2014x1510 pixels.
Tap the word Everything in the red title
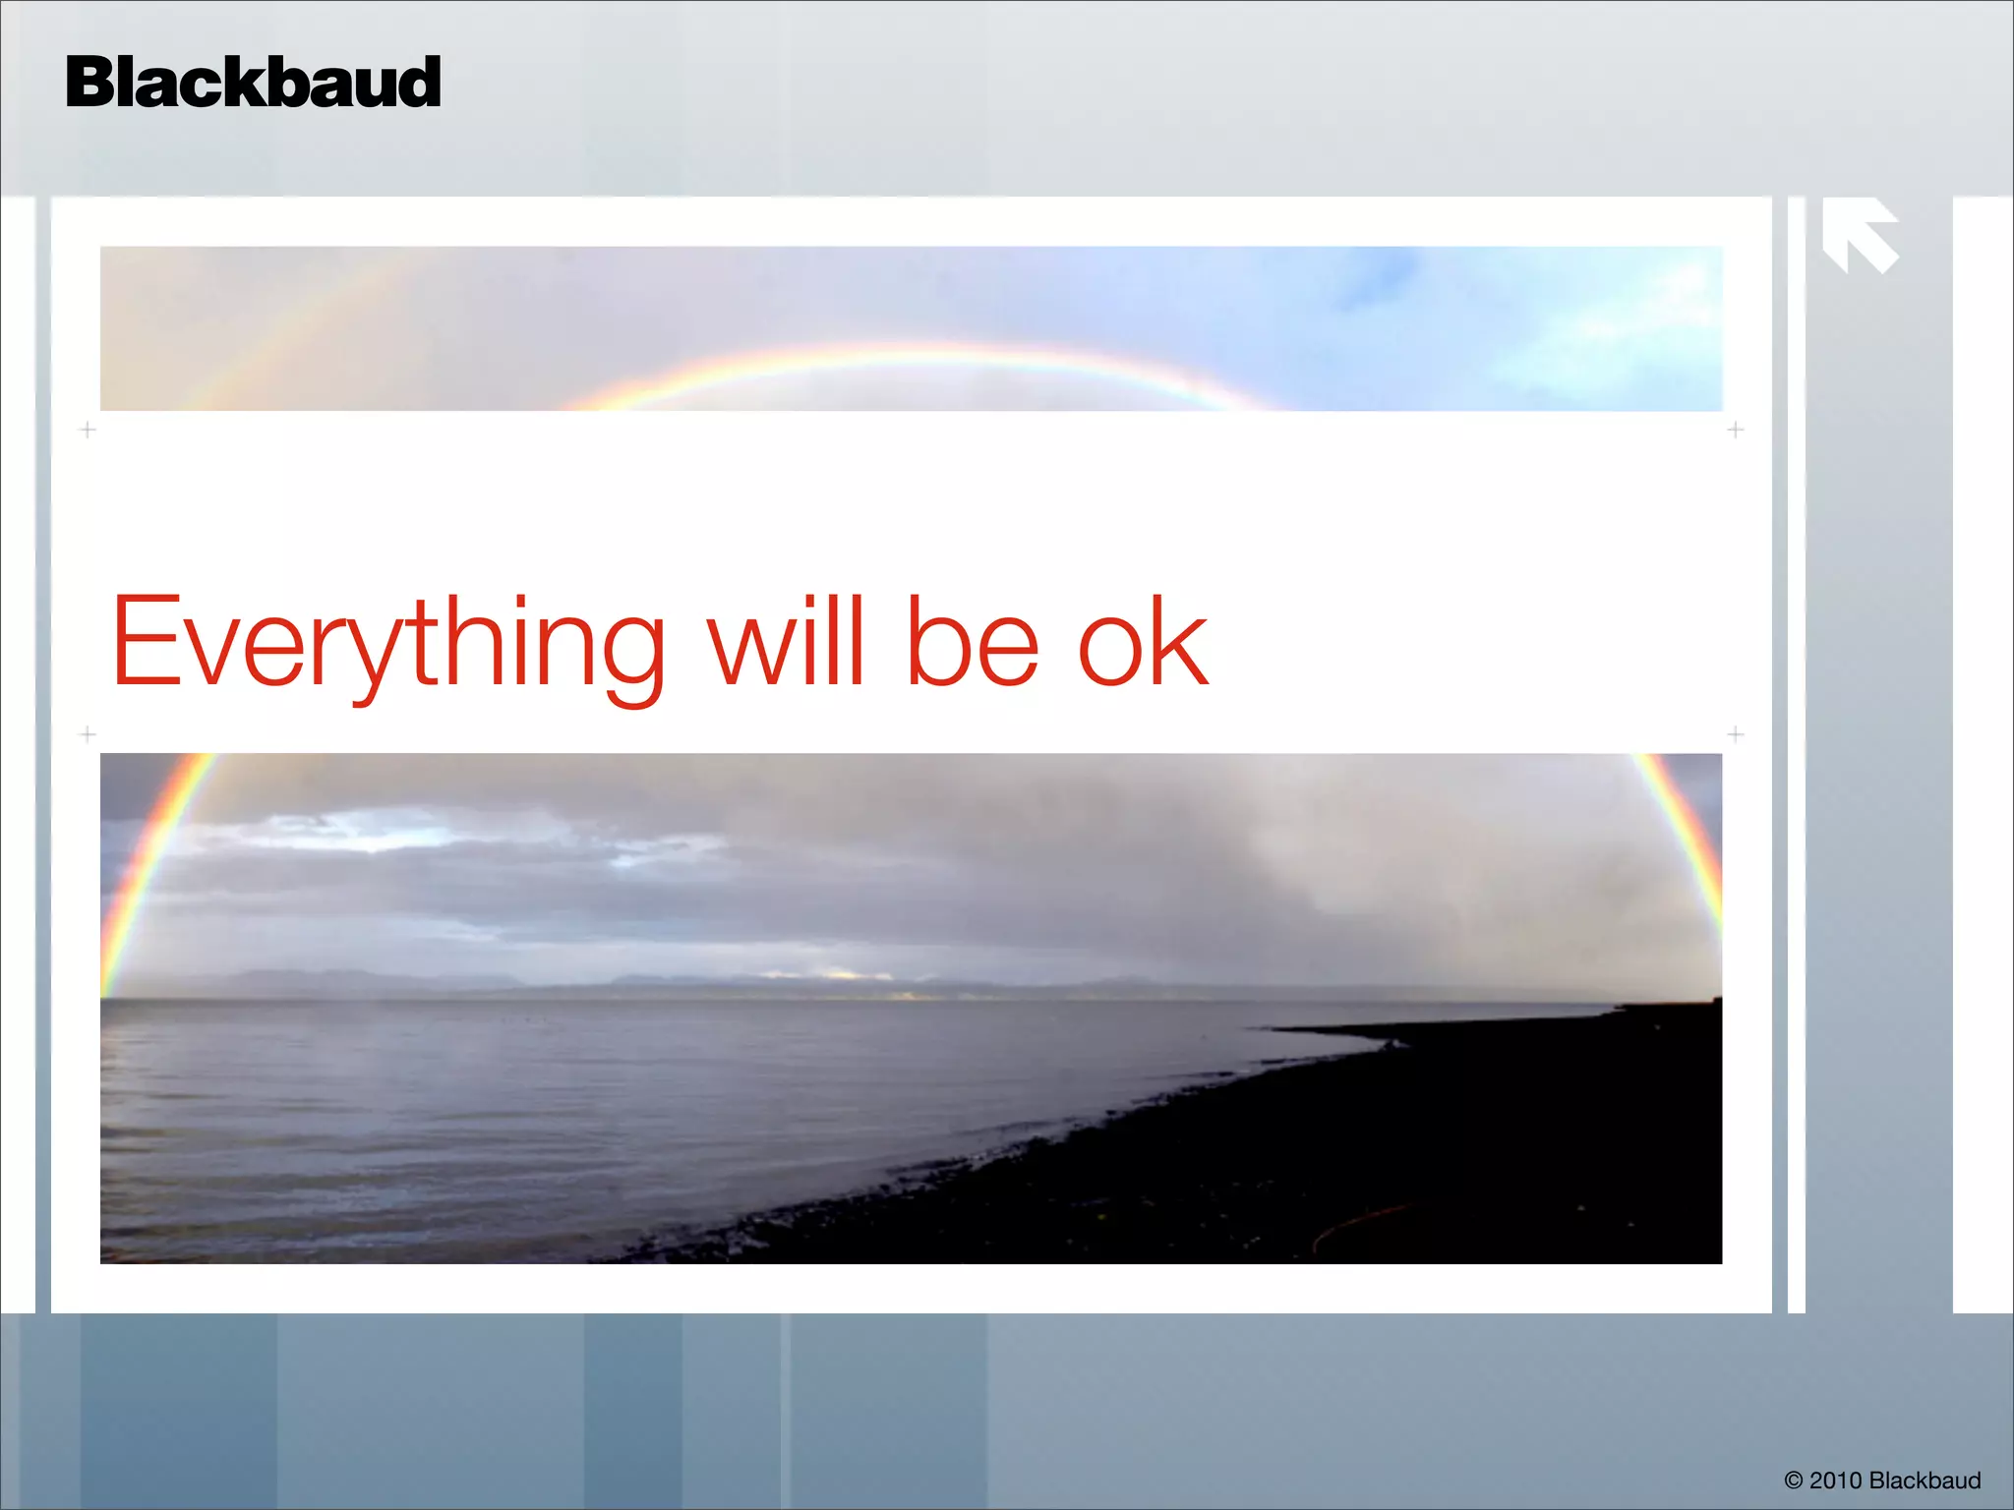tap(388, 644)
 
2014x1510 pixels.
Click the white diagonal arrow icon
tap(1859, 236)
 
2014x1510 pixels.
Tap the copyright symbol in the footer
tap(1793, 1481)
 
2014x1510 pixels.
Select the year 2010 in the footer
tap(1836, 1481)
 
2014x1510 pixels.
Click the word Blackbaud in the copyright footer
tap(1925, 1481)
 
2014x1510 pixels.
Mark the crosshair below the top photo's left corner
tap(88, 430)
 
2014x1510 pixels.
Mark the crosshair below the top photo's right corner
tap(1736, 430)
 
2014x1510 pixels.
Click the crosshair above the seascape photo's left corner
tap(88, 734)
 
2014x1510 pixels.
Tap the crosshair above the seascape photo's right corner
tap(1736, 734)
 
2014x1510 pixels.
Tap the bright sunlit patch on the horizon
tap(846, 975)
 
